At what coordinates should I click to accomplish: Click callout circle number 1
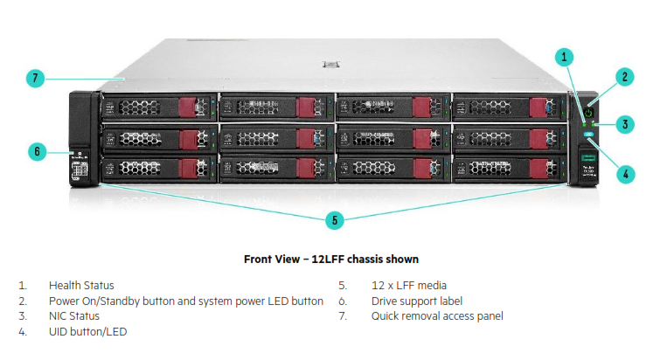[x=566, y=57]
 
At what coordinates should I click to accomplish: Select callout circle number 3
[x=624, y=124]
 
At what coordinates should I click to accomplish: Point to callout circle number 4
[x=624, y=173]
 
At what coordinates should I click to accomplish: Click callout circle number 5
[x=334, y=220]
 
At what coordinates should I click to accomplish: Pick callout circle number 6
[x=37, y=151]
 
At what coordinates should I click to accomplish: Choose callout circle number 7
[x=34, y=79]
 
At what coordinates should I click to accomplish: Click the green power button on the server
[x=589, y=113]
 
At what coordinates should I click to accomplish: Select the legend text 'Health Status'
[x=81, y=285]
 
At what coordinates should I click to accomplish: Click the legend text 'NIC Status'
[x=74, y=316]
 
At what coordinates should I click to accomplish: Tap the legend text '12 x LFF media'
[x=409, y=285]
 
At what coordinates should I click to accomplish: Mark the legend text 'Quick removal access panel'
[x=437, y=316]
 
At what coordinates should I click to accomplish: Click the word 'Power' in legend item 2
[x=63, y=301]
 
